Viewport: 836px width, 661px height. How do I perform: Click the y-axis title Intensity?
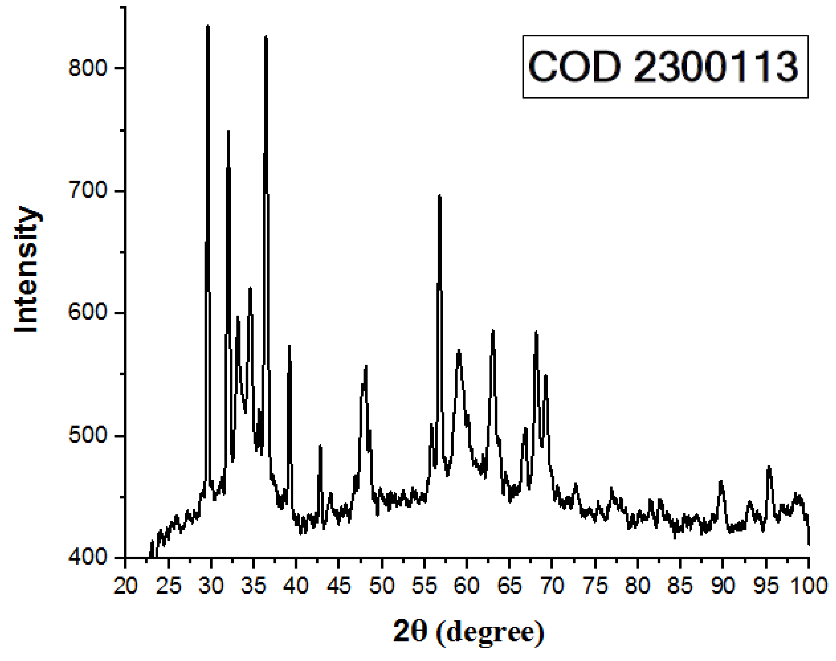tap(26, 269)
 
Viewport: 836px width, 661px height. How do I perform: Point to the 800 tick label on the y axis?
tap(87, 68)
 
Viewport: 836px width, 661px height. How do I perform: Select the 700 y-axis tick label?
tap(87, 191)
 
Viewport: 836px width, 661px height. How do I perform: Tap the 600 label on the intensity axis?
tap(87, 313)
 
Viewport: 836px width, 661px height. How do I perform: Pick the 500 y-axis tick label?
tap(87, 435)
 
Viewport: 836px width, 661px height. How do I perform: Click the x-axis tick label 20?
tap(125, 586)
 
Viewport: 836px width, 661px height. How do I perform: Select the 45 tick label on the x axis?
tap(338, 586)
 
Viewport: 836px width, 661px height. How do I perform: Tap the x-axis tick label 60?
tap(467, 586)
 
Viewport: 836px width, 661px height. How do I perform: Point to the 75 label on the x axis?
tap(595, 586)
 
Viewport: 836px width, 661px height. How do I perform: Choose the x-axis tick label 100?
tap(808, 586)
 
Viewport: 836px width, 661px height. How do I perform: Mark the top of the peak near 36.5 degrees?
tap(266, 37)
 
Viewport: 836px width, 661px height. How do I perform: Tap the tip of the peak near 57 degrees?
tap(439, 196)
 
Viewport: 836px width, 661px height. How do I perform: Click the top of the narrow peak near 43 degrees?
tap(320, 446)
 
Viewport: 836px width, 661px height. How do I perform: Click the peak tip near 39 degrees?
tap(289, 346)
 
